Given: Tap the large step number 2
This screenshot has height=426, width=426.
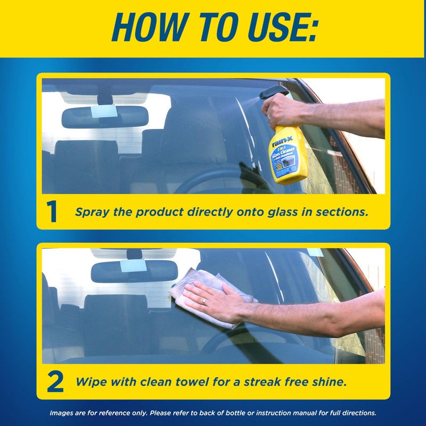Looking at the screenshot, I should point(54,382).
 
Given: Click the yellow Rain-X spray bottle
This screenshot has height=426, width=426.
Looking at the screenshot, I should point(287,154).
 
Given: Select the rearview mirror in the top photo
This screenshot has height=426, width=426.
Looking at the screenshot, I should point(104,117).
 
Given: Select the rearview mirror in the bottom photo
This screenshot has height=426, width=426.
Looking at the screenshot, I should point(134,271).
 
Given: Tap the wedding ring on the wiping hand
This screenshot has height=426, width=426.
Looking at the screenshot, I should point(204,301).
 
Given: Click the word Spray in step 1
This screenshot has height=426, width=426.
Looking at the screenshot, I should point(92,212).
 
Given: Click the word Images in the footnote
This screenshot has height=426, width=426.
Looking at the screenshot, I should point(62,413).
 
